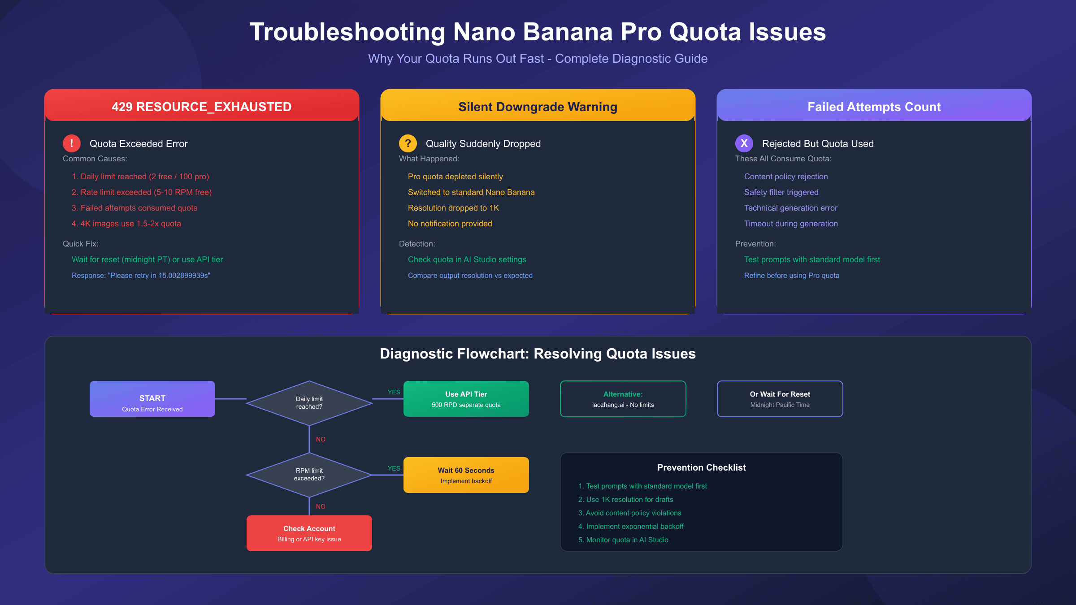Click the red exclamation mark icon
pyautogui.click(x=72, y=143)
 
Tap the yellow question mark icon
pyautogui.click(x=408, y=143)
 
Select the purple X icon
pyautogui.click(x=744, y=143)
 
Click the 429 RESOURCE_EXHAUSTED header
pyautogui.click(x=202, y=107)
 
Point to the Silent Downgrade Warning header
pyautogui.click(x=538, y=107)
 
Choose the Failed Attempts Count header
pyautogui.click(x=874, y=107)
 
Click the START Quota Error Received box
pyautogui.click(x=152, y=399)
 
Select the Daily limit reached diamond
pyautogui.click(x=309, y=403)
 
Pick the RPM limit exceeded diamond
pyautogui.click(x=309, y=475)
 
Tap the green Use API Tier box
pyautogui.click(x=466, y=399)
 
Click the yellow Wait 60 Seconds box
pyautogui.click(x=466, y=475)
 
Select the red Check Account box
pyautogui.click(x=309, y=533)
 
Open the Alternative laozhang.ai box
pyautogui.click(x=623, y=399)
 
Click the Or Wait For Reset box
pyautogui.click(x=780, y=399)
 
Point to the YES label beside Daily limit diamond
pyautogui.click(x=394, y=392)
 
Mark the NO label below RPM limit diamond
pyautogui.click(x=321, y=506)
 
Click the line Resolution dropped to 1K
pyautogui.click(x=453, y=208)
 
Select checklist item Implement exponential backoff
pyautogui.click(x=634, y=527)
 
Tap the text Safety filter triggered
pyautogui.click(x=781, y=192)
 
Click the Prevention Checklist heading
pyautogui.click(x=702, y=467)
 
